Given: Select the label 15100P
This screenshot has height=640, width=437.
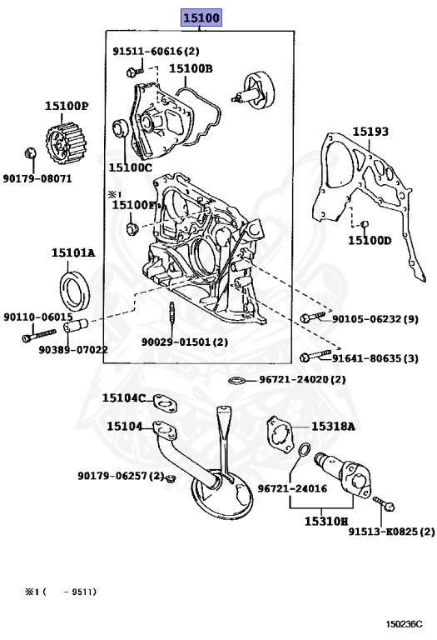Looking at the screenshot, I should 67,106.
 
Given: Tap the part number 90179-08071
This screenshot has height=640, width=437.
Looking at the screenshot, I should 37,178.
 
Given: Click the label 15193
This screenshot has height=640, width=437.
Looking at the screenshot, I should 370,132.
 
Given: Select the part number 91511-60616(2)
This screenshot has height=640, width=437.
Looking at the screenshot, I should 156,51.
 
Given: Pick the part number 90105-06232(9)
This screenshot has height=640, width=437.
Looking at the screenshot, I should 375,318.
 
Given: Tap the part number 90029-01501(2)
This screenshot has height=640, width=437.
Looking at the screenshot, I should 184,342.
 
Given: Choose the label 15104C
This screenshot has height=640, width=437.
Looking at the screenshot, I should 124,398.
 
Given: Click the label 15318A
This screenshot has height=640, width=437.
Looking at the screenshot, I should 333,426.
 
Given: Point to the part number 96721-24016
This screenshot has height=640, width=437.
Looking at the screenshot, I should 292,488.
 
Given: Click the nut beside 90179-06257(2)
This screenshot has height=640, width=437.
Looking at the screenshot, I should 170,477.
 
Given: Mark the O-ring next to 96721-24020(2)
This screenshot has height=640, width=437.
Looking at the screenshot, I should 237,381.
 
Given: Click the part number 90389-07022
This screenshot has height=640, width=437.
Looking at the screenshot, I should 72,349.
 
